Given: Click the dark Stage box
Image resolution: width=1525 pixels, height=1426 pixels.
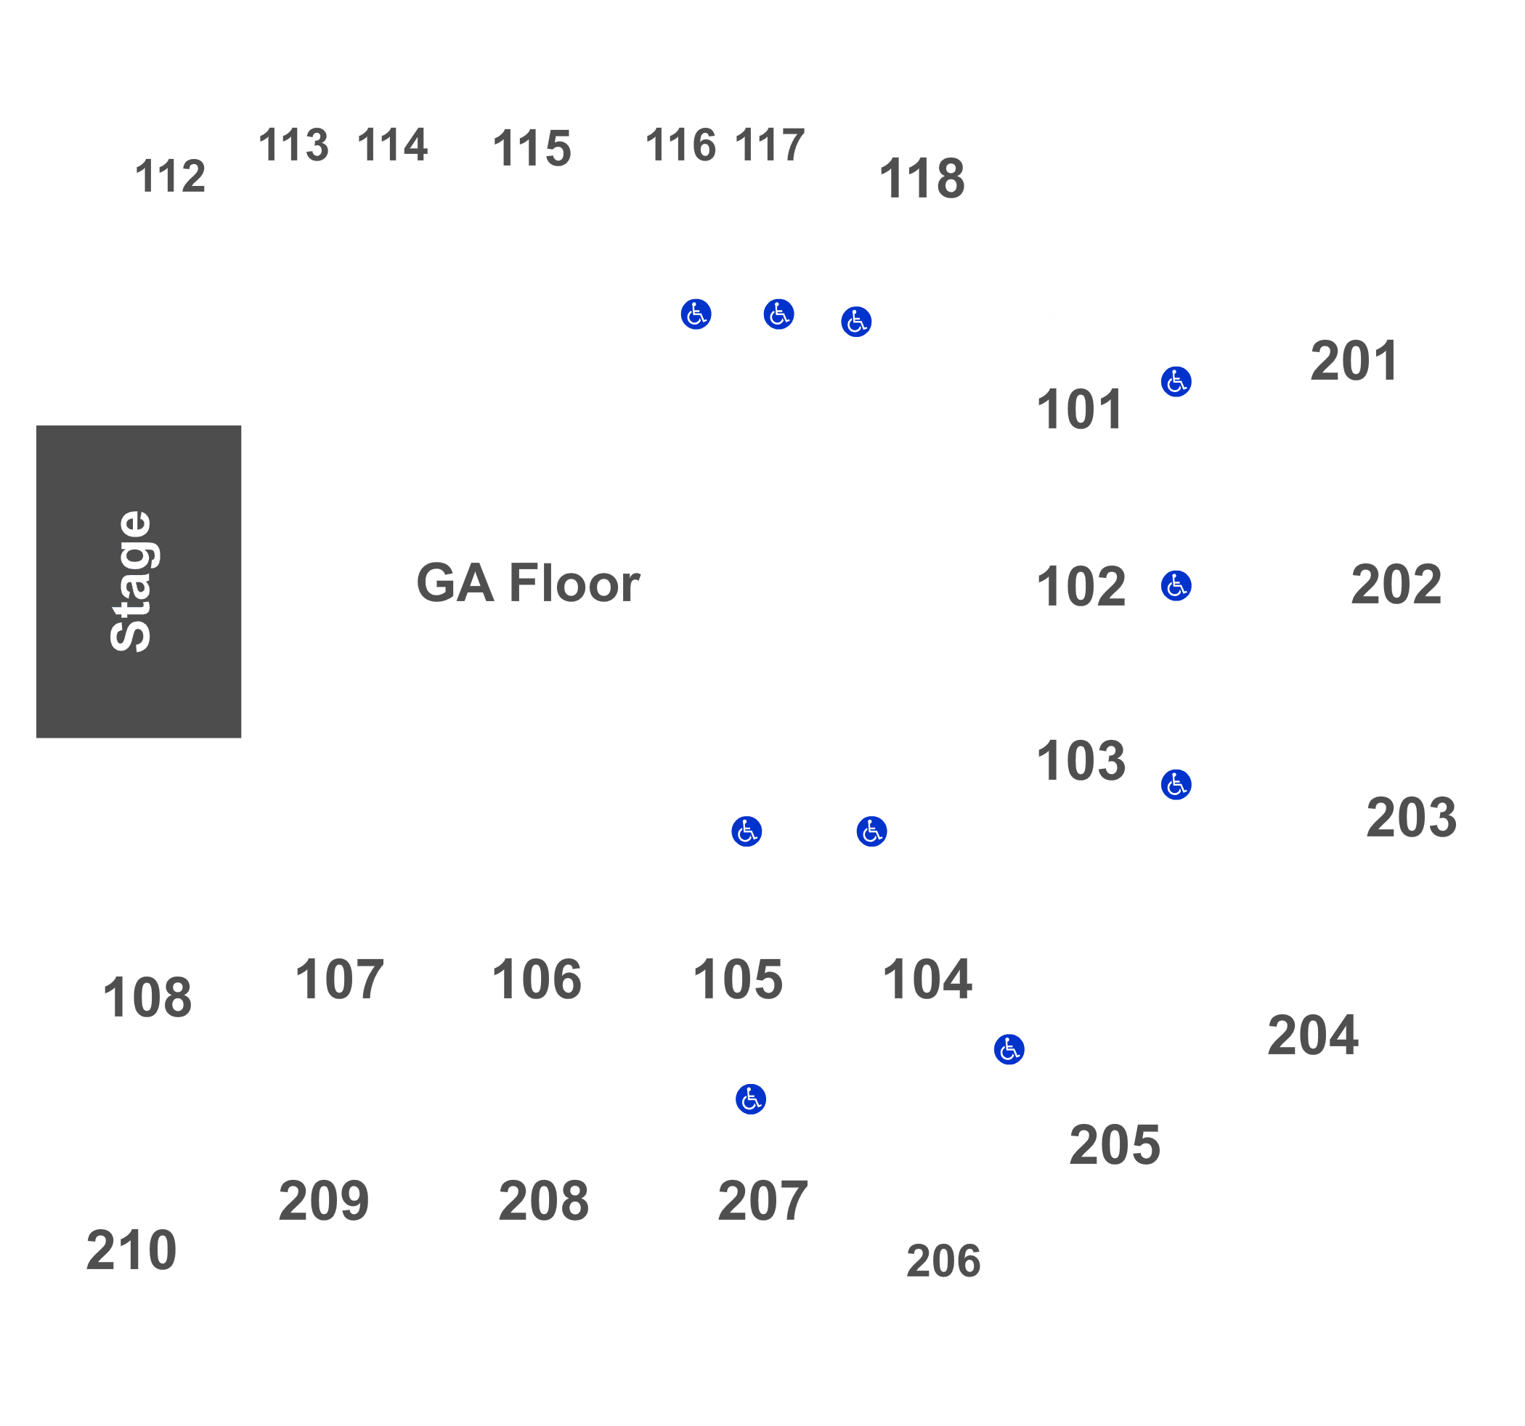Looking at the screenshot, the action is click(x=139, y=582).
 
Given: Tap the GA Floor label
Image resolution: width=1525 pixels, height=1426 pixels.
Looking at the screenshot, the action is click(x=528, y=583).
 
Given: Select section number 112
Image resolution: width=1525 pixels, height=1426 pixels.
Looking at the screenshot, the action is click(x=171, y=176).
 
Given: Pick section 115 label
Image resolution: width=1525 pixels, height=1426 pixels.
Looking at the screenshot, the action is click(x=532, y=148).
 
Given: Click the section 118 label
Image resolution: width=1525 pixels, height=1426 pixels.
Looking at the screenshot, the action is click(x=922, y=178).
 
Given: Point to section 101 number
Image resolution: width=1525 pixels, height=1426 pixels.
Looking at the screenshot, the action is click(x=1080, y=409).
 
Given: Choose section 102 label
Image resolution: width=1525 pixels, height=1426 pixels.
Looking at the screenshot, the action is click(x=1081, y=587).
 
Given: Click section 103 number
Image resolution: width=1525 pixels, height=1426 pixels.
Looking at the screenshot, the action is click(x=1081, y=761).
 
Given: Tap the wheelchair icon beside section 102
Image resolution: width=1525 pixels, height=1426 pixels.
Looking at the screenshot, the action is click(x=1176, y=586).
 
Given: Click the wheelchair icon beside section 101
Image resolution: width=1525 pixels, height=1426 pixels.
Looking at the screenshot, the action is click(x=1176, y=381).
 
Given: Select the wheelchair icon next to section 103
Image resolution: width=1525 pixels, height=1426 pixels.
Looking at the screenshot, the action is click(x=1176, y=785).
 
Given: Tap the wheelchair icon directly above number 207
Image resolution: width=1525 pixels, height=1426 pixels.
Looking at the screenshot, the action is click(x=751, y=1099).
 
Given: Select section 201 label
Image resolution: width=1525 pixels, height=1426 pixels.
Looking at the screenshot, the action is click(x=1354, y=361).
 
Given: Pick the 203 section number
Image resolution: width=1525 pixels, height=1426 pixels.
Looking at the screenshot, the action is click(x=1412, y=817).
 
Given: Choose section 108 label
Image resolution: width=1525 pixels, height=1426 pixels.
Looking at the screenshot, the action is click(x=147, y=998).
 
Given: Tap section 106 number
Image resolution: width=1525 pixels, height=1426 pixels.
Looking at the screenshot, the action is click(x=536, y=979).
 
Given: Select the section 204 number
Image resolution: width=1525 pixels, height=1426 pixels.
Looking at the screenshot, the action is click(x=1312, y=1035).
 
